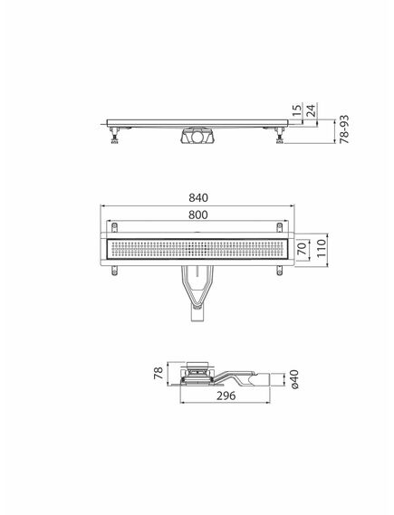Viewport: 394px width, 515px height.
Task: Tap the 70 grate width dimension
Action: point(302,244)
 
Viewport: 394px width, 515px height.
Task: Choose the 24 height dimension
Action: point(310,111)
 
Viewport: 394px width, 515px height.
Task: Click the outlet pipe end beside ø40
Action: point(275,378)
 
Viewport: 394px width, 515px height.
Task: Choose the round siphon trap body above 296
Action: point(197,373)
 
